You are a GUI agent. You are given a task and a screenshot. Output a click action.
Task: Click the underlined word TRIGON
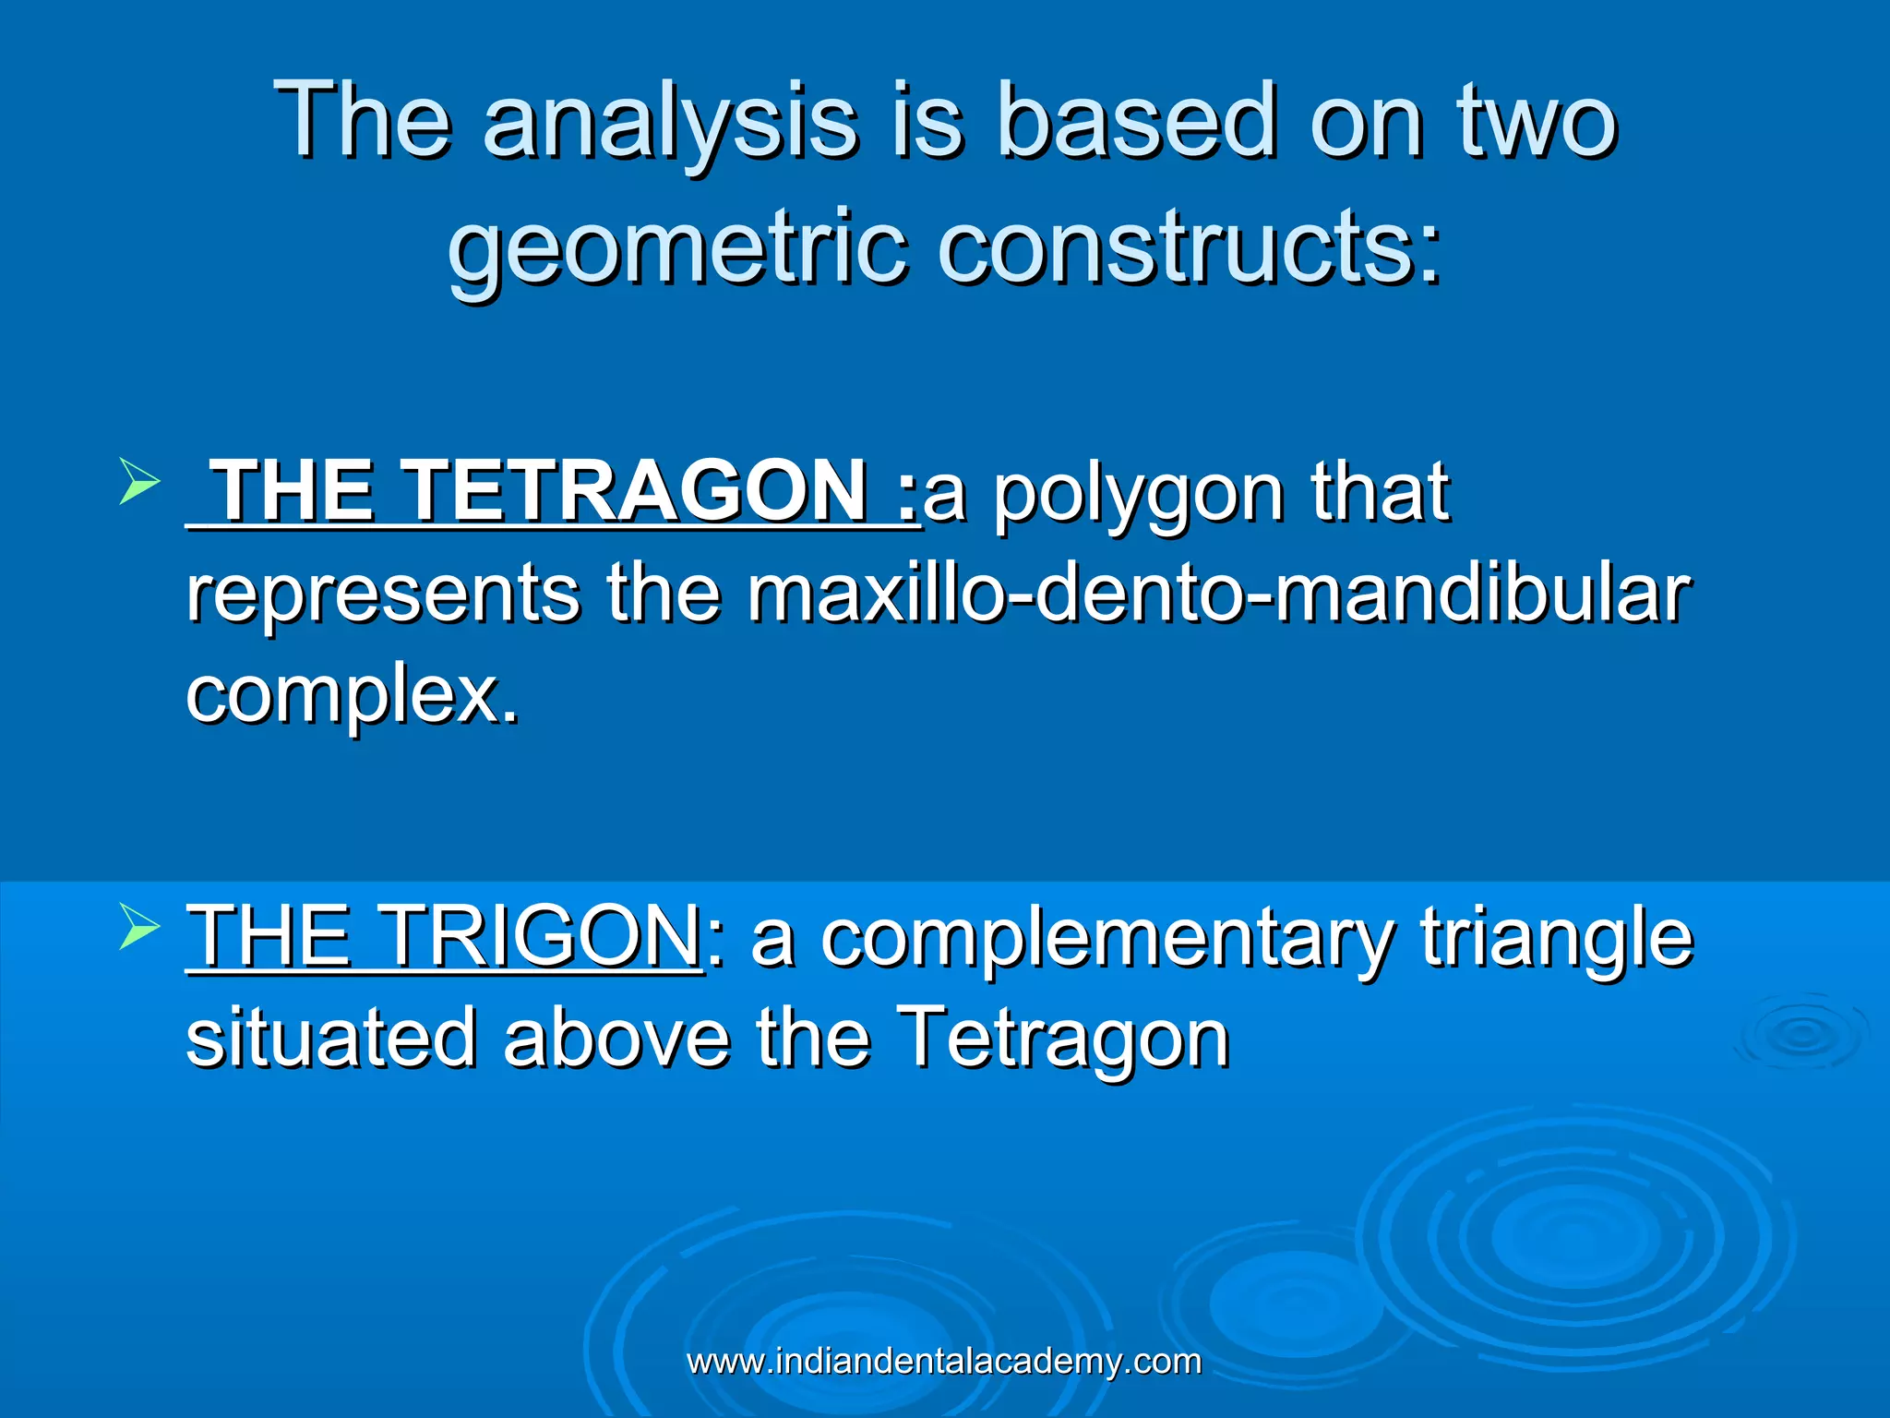point(540,936)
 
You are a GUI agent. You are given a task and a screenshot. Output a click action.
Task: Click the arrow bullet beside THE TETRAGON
point(139,484)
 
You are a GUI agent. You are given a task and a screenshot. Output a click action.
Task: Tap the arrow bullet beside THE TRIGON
point(139,929)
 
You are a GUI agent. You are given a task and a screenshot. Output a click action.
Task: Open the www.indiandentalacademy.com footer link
point(944,1362)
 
